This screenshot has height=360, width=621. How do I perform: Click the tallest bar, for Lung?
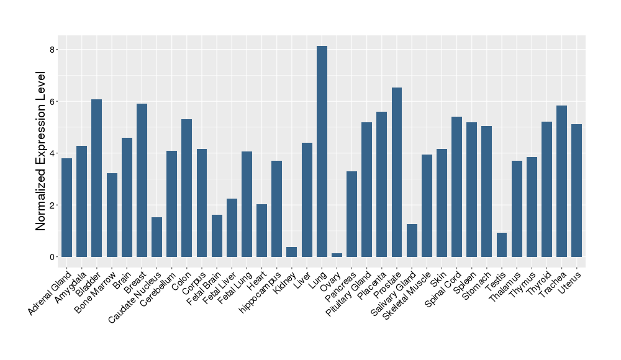(x=322, y=151)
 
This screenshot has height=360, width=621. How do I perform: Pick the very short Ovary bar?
(x=337, y=254)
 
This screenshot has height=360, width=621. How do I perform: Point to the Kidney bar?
(x=292, y=251)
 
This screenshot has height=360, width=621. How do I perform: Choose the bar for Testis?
(x=502, y=245)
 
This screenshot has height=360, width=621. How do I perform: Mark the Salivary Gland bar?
(x=412, y=240)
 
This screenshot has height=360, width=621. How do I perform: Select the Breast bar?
(x=142, y=180)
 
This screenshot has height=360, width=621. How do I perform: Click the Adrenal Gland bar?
(x=66, y=207)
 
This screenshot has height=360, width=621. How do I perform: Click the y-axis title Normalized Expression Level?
(x=41, y=151)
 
